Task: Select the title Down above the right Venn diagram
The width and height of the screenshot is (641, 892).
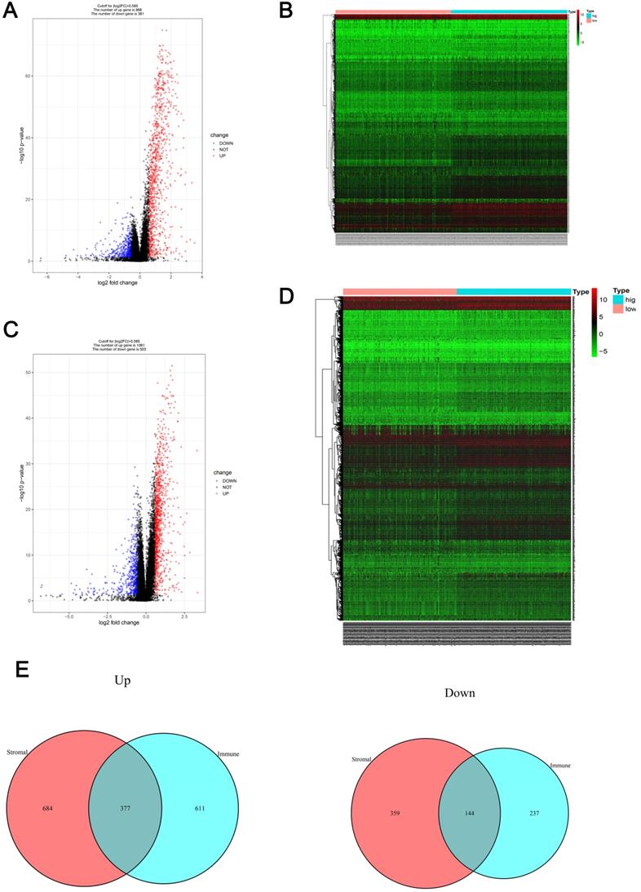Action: [x=460, y=692]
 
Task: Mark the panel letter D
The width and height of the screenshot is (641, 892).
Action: [x=286, y=294]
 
